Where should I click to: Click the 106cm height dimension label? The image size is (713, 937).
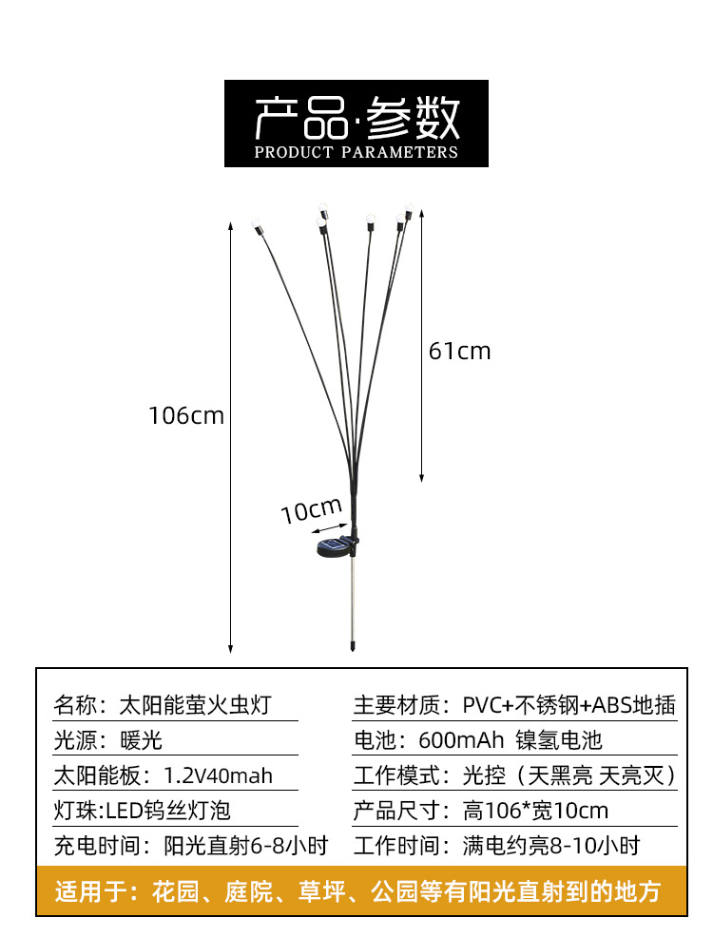(x=186, y=416)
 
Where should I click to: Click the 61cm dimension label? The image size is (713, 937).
(x=460, y=352)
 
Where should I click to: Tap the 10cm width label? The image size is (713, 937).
(x=310, y=510)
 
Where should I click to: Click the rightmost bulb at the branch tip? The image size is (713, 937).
(x=409, y=206)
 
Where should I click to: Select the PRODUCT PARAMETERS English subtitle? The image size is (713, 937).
(x=356, y=152)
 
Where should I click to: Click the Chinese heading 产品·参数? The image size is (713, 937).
(x=356, y=119)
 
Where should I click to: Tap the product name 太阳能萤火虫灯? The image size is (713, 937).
(x=195, y=705)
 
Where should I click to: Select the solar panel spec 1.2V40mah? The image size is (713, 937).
(x=218, y=775)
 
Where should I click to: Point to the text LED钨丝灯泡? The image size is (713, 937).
(x=167, y=811)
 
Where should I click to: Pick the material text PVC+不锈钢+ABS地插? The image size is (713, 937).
(x=568, y=705)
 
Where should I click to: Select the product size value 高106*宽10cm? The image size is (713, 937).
(x=535, y=811)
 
